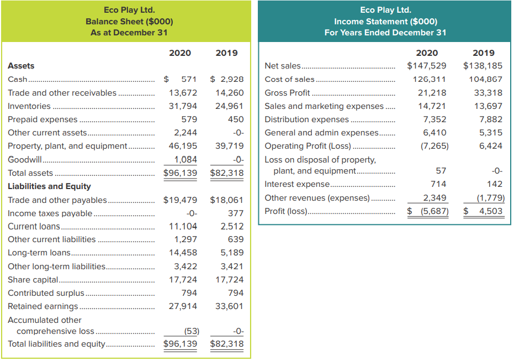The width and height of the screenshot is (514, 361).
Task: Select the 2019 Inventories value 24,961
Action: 229,106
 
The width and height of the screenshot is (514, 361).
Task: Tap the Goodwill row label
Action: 25,159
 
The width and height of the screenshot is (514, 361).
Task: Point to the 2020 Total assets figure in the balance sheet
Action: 179,172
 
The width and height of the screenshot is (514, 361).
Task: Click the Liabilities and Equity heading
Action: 49,186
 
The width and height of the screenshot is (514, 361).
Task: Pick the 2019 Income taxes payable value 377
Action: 236,213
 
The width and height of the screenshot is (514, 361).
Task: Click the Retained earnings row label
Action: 43,306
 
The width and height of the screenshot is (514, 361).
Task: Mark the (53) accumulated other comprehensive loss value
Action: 191,331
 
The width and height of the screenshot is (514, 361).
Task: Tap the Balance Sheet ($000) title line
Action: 129,22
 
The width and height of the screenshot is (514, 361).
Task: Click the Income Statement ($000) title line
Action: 385,22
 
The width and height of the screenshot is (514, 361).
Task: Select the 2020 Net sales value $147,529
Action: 426,66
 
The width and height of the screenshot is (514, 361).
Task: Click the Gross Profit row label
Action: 287,92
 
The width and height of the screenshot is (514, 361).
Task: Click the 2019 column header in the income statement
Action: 484,53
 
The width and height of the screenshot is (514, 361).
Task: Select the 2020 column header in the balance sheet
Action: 179,53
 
